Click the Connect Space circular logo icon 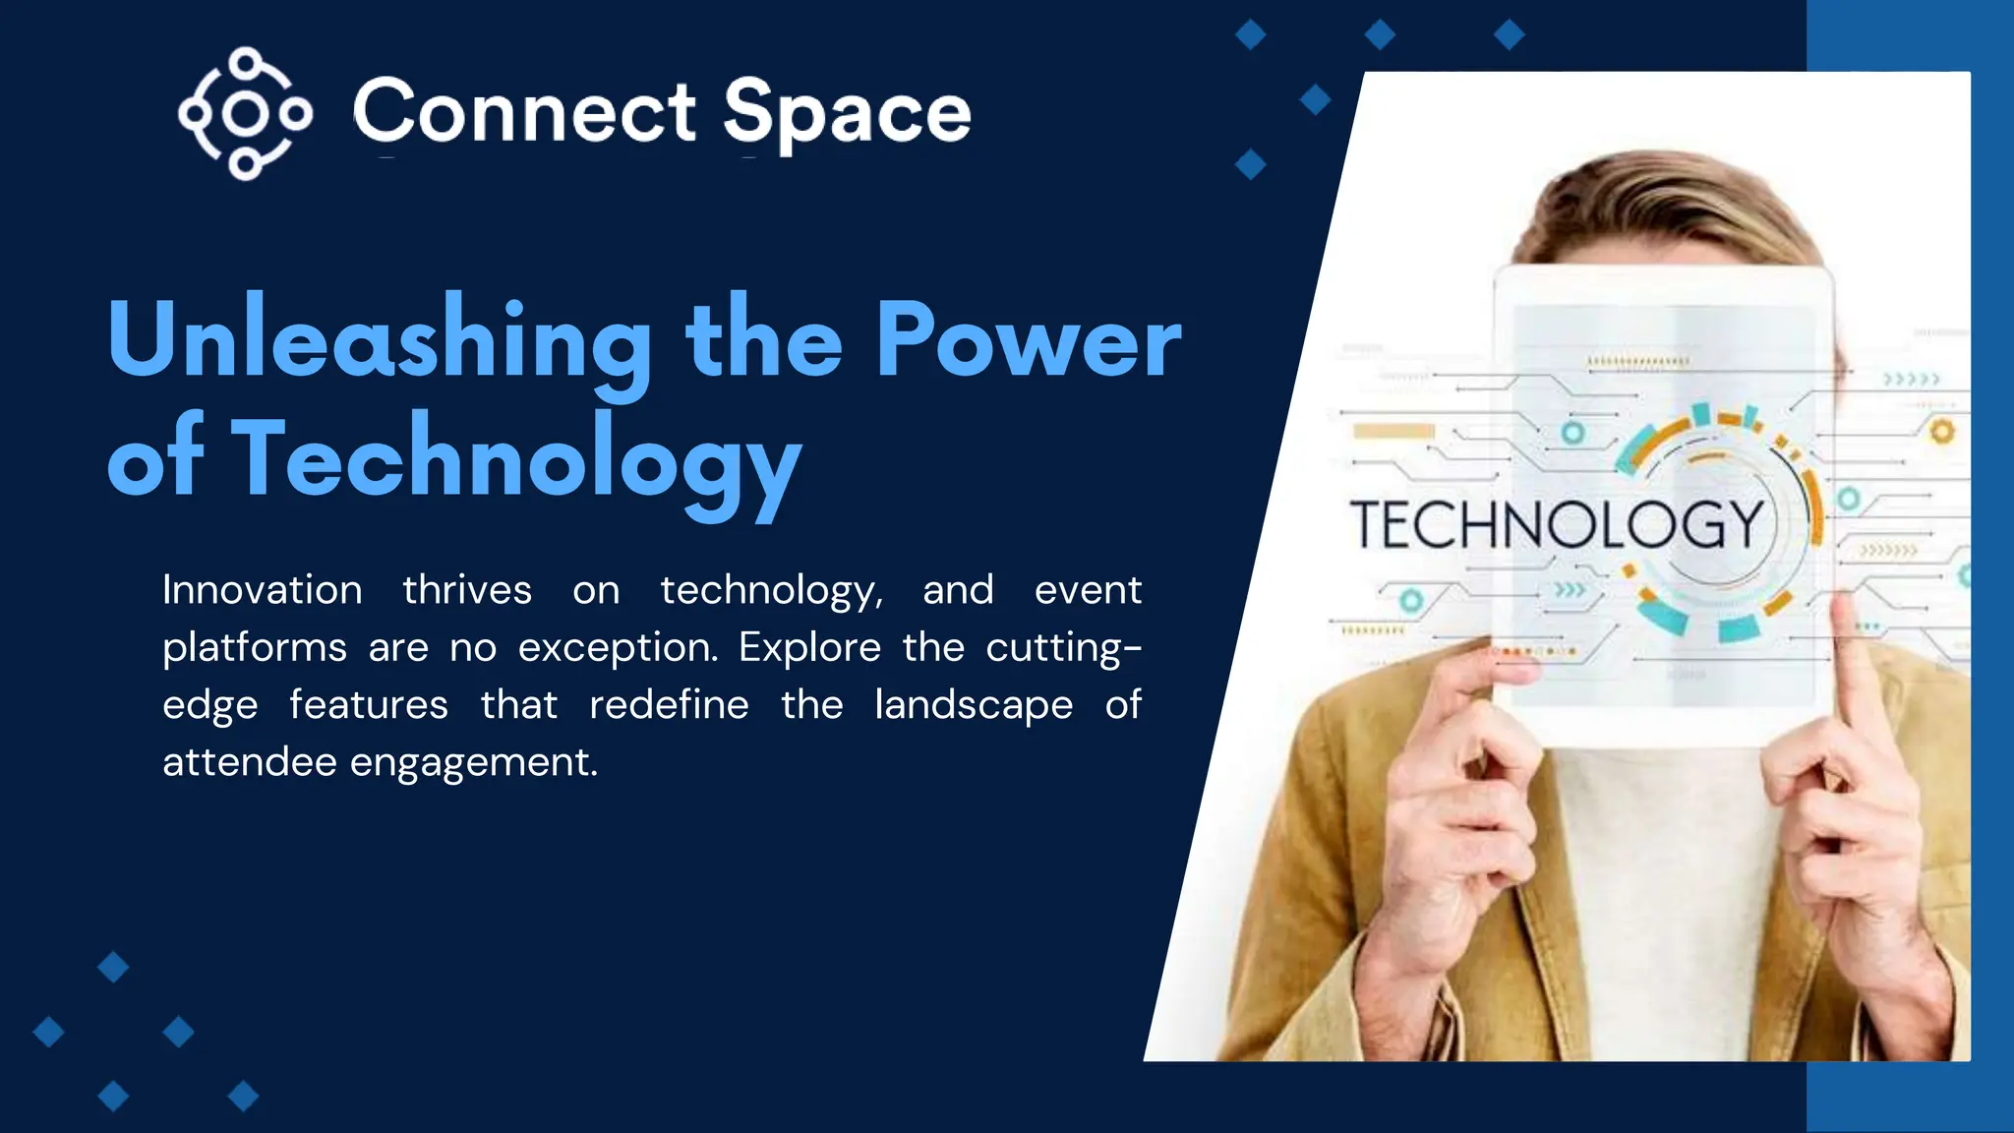click(x=245, y=114)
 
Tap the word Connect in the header click(x=524, y=112)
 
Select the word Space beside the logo click(x=847, y=114)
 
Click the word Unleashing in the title click(x=380, y=340)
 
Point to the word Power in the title click(x=1028, y=340)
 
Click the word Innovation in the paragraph click(x=263, y=590)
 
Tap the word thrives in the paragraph click(x=467, y=590)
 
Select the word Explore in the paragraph click(x=810, y=647)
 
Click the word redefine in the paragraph click(x=669, y=704)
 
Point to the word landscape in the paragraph click(x=974, y=706)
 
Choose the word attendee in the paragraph click(x=250, y=761)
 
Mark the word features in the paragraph click(x=369, y=704)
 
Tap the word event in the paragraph click(x=1088, y=590)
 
